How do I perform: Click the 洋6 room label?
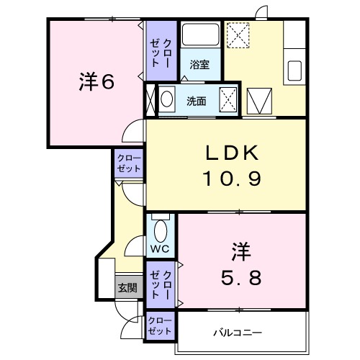[x=96, y=83]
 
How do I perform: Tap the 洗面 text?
[x=197, y=100]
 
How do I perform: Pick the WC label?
[x=159, y=250]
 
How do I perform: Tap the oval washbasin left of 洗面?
[x=167, y=99]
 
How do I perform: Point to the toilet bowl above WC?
[x=160, y=230]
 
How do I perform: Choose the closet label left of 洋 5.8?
[x=159, y=285]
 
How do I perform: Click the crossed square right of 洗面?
[x=228, y=98]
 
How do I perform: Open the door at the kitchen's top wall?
[x=262, y=12]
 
